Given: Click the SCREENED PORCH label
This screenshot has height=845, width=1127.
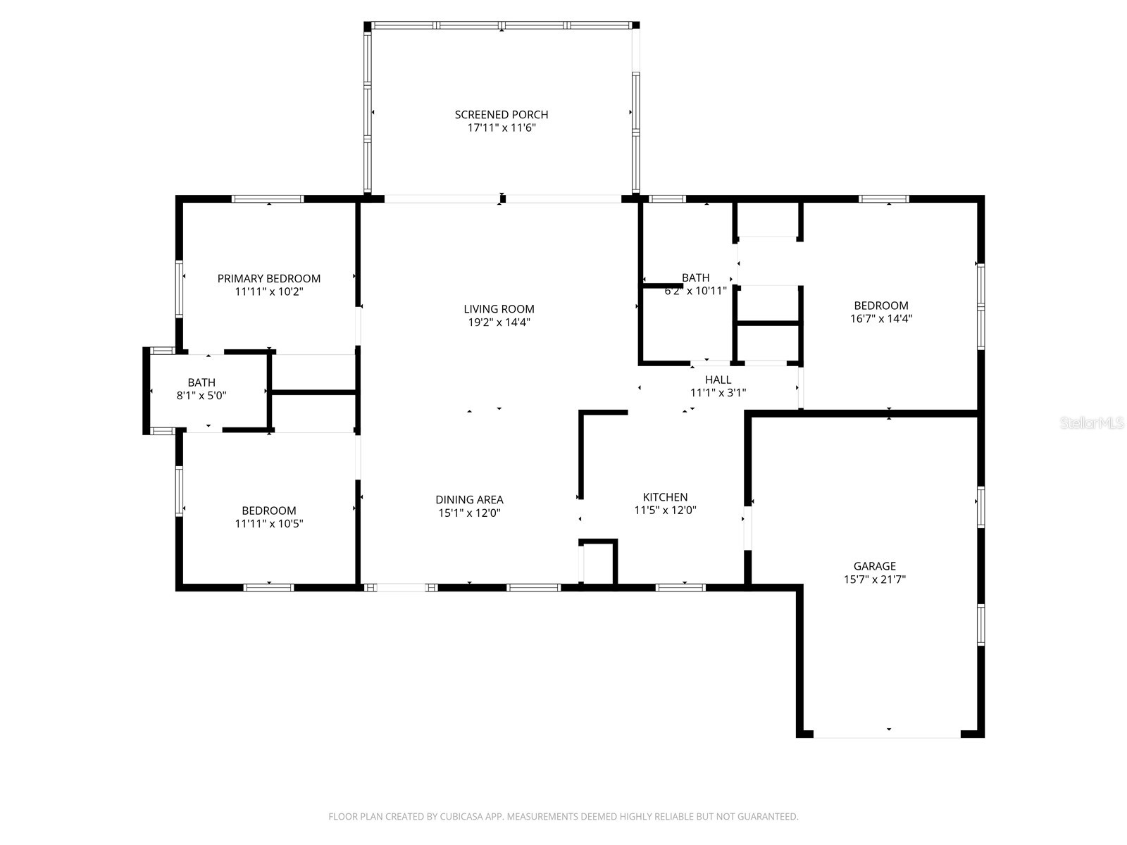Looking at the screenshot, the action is (501, 114).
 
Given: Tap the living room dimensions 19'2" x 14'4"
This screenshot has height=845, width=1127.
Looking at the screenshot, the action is (499, 323).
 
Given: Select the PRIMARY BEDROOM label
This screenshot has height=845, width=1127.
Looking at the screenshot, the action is (268, 279).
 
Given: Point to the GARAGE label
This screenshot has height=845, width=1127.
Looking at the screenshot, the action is (874, 566).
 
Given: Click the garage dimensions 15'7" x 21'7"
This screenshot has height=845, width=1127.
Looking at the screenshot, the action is (874, 580).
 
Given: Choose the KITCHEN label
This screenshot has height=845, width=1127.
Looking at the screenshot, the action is (665, 496).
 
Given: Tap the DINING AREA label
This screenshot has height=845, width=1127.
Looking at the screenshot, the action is (469, 499).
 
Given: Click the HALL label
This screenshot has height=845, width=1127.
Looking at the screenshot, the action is (718, 380).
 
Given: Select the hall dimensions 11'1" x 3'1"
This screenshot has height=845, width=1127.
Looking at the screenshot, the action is (718, 392).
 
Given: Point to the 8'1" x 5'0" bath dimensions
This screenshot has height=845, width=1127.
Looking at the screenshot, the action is (201, 396).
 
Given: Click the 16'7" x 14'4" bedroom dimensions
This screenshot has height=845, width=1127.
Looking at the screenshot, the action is (881, 318).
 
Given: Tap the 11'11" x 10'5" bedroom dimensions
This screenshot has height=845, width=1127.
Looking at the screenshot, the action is (268, 523).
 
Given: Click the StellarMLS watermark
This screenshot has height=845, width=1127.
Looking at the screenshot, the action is (1092, 423).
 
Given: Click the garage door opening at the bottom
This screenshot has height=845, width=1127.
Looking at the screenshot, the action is (887, 734).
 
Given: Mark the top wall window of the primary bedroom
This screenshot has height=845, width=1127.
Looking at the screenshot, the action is (268, 199).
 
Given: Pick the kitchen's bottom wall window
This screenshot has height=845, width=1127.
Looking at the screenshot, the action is (680, 587).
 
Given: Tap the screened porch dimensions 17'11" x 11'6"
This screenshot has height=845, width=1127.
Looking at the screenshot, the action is (501, 127).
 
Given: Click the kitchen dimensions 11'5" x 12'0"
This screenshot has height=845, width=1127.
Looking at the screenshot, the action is (665, 510).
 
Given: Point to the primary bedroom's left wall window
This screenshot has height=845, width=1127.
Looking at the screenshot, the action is (179, 289).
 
